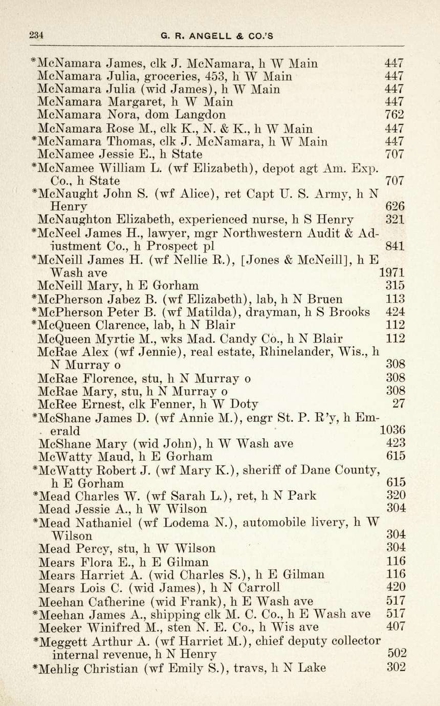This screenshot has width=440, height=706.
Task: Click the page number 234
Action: point(36,35)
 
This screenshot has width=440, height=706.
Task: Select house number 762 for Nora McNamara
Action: point(394,115)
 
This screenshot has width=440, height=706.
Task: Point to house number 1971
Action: point(391,273)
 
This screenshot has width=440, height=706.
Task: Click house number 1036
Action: point(391,430)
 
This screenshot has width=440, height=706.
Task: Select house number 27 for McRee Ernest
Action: point(399,403)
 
